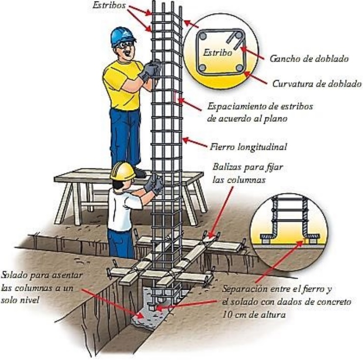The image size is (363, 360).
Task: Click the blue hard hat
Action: coord(123,36)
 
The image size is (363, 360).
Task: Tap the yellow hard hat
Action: coord(123,171)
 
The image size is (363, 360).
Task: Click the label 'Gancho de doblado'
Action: coord(309,58)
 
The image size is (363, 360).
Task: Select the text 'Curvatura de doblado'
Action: coord(317,83)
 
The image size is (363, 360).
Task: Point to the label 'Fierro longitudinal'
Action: coord(248,147)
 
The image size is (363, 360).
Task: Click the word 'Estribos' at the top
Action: coord(109,5)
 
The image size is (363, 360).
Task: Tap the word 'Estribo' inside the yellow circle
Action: coord(217,53)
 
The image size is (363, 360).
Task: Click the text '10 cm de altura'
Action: coord(254,315)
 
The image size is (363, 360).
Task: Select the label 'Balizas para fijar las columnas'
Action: coord(248,173)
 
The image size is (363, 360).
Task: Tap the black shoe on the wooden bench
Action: coord(139,173)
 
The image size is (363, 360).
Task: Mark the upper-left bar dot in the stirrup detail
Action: coord(203,36)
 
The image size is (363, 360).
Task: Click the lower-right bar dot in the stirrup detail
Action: coord(239,68)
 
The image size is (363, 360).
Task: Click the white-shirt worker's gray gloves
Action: coord(154,185)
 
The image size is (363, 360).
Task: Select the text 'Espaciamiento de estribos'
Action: coord(260,107)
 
